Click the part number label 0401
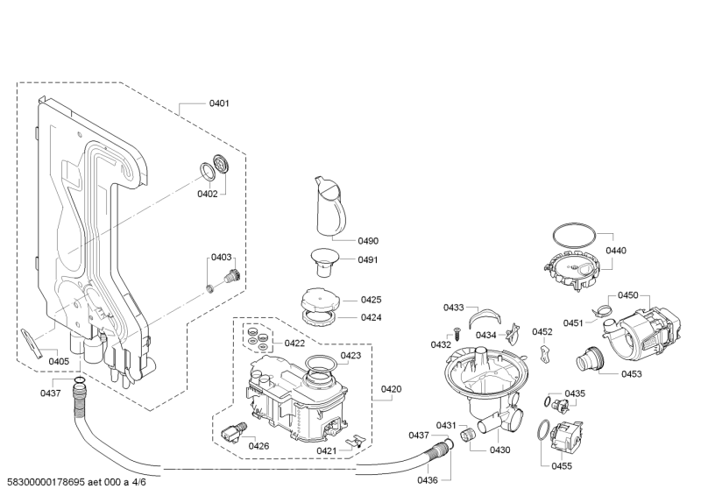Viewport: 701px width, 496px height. click(x=218, y=103)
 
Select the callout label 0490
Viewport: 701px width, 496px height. click(x=343, y=240)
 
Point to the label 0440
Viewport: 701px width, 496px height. click(x=616, y=251)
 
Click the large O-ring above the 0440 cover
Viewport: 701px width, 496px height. click(x=574, y=234)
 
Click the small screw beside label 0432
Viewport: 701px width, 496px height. click(x=456, y=331)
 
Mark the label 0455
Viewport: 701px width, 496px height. click(x=562, y=466)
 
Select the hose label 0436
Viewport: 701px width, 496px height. click(x=427, y=480)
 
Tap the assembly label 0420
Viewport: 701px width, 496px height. click(x=391, y=388)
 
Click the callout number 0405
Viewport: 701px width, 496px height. click(x=59, y=361)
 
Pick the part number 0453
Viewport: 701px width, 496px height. click(x=631, y=374)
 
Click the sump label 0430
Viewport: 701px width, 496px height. click(x=499, y=450)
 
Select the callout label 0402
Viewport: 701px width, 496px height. click(x=207, y=193)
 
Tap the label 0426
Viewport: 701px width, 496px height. click(x=258, y=446)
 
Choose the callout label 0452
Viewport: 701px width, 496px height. click(x=542, y=332)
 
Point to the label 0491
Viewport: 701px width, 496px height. click(x=343, y=259)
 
